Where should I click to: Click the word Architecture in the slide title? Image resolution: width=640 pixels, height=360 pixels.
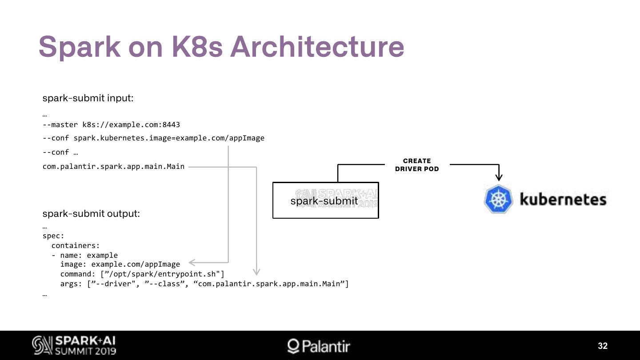click(x=317, y=46)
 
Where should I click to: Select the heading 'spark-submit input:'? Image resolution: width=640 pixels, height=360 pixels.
click(x=88, y=98)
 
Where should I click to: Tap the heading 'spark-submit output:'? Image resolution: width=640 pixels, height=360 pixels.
click(x=91, y=213)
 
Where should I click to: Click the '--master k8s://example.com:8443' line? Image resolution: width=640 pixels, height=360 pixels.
click(x=111, y=124)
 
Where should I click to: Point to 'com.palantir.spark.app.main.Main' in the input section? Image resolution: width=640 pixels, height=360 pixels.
click(x=113, y=166)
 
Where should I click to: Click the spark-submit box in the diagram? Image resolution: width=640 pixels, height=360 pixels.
click(x=325, y=200)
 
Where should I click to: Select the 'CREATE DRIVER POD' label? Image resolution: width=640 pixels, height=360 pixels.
click(x=417, y=165)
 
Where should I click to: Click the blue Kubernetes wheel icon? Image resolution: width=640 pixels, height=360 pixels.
click(x=499, y=199)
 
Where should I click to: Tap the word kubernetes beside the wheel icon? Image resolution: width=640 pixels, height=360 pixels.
click(x=563, y=199)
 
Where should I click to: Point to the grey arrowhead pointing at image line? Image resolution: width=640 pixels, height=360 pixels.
click(x=192, y=263)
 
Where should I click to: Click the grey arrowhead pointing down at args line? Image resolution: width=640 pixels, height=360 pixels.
click(x=256, y=272)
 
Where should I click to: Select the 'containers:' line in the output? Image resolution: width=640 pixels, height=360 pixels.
click(x=76, y=245)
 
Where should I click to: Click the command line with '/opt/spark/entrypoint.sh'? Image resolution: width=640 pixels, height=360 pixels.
click(x=142, y=274)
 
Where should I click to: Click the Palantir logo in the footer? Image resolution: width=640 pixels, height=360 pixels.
click(x=319, y=346)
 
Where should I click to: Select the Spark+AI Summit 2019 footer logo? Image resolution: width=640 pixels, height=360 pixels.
click(x=74, y=345)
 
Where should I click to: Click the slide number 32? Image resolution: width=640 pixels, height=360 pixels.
click(x=603, y=346)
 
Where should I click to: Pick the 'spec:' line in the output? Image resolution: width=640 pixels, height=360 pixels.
click(x=53, y=236)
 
